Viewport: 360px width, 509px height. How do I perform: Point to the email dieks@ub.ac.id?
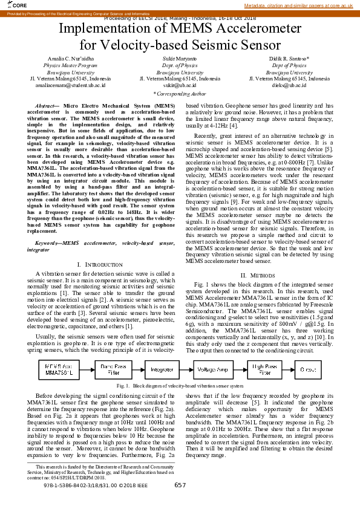click(x=289, y=86)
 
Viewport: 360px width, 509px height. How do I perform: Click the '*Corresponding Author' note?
click(x=180, y=94)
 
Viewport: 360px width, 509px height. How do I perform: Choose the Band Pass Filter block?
click(x=114, y=369)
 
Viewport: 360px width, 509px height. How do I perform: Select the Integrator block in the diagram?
click(x=162, y=369)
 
